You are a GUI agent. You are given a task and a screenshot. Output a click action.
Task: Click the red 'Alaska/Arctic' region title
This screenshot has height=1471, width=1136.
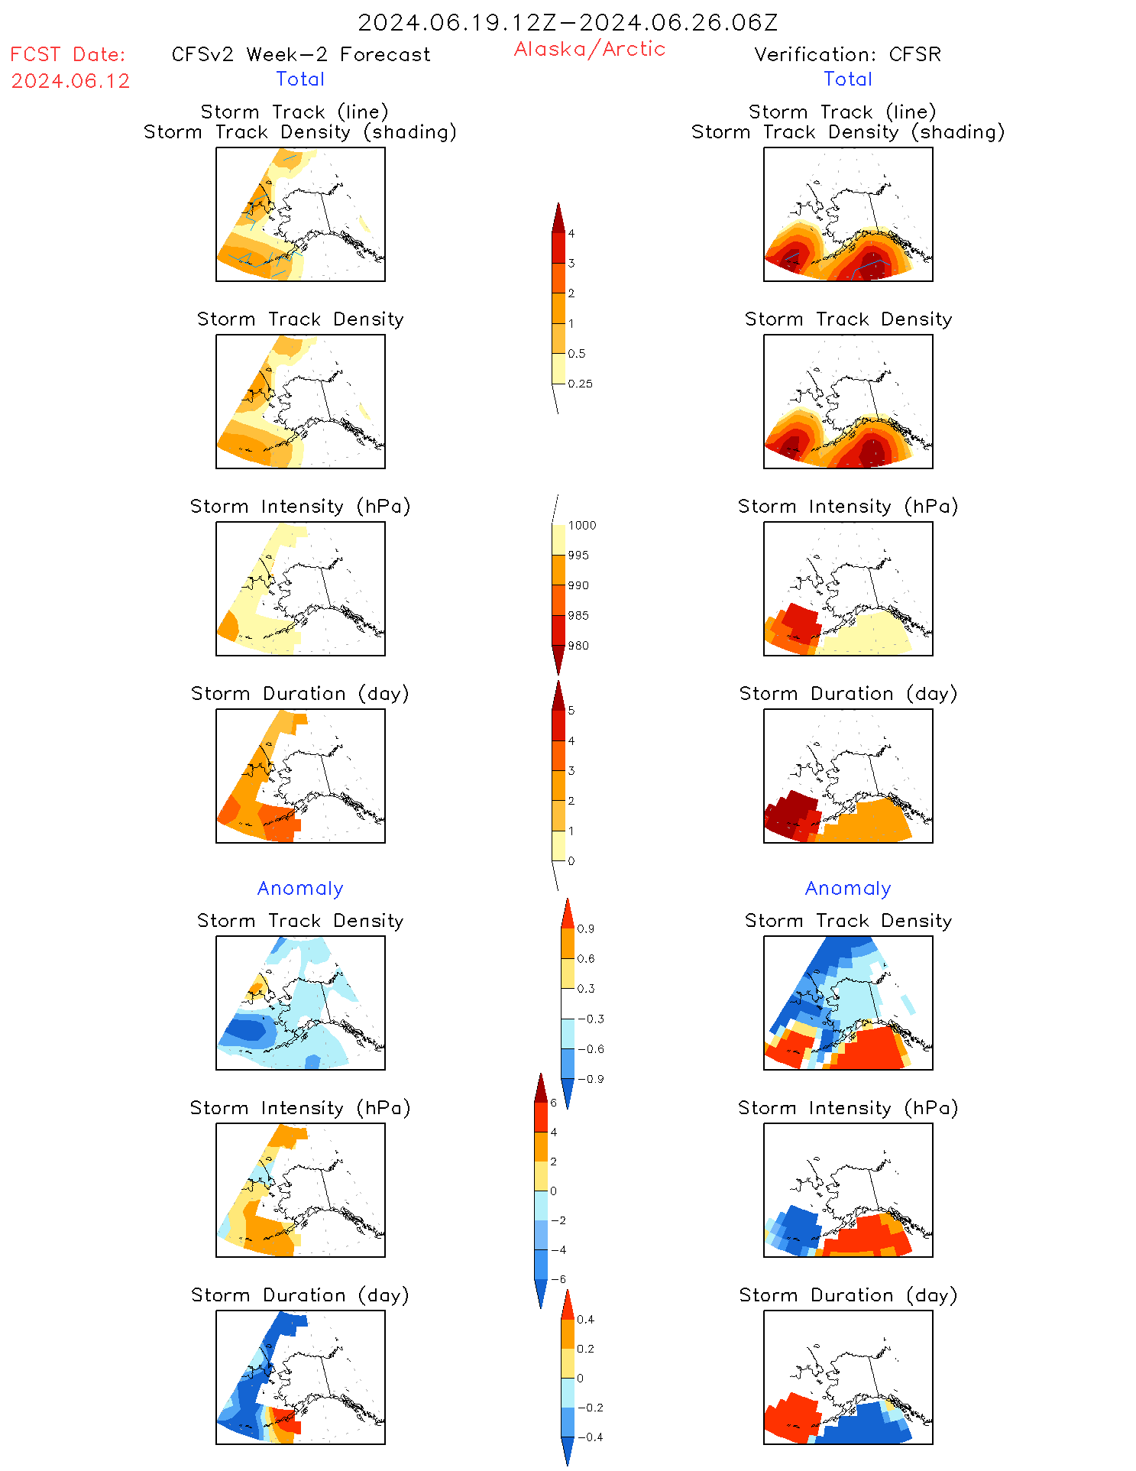point(589,49)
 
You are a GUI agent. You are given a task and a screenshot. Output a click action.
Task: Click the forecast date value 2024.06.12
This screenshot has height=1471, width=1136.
point(70,81)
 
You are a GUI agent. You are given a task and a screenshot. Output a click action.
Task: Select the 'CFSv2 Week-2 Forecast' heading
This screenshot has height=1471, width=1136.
point(301,54)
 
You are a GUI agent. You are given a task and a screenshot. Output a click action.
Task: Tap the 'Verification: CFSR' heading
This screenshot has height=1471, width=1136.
point(847,54)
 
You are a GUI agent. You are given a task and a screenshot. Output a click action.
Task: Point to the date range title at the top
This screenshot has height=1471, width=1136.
point(568,22)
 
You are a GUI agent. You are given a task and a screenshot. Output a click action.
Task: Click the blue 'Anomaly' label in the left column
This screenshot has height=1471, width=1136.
point(300,888)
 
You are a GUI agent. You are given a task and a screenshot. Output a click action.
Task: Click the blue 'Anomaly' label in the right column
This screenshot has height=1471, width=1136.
point(848,888)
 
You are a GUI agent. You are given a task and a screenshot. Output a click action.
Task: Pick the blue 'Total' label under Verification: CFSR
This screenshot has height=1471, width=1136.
point(847,79)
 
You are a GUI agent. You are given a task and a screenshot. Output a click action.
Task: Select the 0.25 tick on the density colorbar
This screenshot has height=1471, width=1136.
point(580,384)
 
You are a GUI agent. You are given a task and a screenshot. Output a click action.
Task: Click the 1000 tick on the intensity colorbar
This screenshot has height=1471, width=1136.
point(581,526)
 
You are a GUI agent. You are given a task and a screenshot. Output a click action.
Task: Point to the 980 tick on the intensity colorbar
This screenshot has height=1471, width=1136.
point(578,646)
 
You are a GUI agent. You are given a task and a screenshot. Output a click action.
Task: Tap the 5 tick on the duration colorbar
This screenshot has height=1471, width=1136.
point(571,711)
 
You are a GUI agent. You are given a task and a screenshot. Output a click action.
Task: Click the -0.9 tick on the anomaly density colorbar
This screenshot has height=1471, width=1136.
point(591,1079)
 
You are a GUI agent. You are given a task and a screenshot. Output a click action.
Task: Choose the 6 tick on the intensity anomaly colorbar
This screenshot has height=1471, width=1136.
point(554,1103)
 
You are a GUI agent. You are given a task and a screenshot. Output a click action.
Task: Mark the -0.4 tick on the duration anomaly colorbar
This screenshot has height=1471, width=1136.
point(590,1437)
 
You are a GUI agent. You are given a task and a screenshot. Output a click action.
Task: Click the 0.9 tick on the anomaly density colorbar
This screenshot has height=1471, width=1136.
point(585,929)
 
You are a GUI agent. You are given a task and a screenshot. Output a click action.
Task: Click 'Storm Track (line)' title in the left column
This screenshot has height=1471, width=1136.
point(295,112)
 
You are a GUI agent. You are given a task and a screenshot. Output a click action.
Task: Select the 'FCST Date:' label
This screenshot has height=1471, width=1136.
point(67,54)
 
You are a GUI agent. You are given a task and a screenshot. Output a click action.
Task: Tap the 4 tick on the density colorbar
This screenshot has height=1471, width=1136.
point(571,234)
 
